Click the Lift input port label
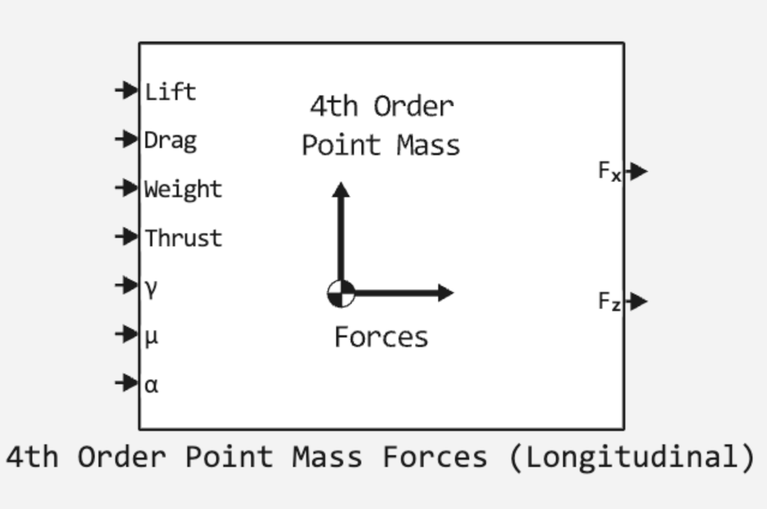(170, 92)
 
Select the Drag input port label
(170, 141)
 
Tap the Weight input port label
(183, 189)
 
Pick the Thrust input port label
(183, 238)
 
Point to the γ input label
(151, 288)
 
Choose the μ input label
(151, 336)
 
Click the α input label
(151, 385)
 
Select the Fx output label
(609, 171)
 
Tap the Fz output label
(609, 301)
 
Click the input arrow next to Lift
(127, 91)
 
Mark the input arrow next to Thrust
(127, 236)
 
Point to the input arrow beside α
(127, 382)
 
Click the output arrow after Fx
(637, 171)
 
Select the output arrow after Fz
(637, 301)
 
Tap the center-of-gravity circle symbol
(341, 294)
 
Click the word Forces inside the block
(381, 337)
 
